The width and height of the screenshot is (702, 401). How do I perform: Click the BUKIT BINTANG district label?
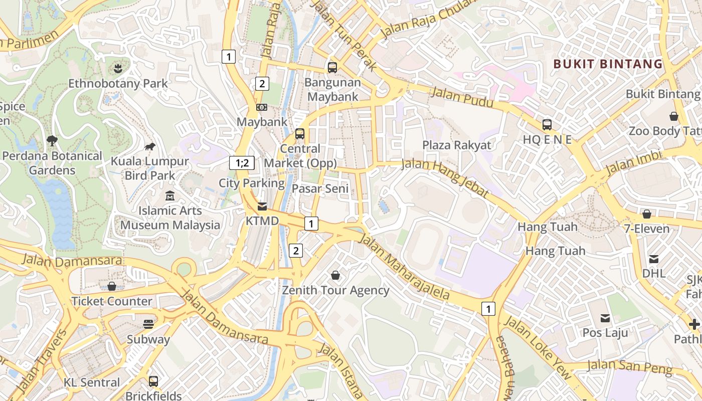tap(608, 64)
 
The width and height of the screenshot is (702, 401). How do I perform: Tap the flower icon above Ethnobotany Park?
tap(118, 67)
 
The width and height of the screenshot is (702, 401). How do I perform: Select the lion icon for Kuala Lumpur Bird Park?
tap(149, 146)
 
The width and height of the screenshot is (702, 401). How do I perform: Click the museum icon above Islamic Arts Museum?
tap(170, 196)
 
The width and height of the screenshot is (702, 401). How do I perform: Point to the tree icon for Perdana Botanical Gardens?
tap(52, 140)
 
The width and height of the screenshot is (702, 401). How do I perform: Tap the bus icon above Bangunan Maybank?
tap(332, 67)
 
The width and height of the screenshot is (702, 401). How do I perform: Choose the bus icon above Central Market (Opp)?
tap(300, 134)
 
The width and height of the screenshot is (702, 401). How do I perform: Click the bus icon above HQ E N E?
tap(547, 125)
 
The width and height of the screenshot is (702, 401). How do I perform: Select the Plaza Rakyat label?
tap(457, 145)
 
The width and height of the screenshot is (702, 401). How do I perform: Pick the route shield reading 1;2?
tap(242, 162)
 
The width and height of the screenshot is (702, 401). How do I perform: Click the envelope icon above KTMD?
tap(262, 206)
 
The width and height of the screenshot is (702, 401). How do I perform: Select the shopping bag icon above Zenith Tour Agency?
tap(335, 275)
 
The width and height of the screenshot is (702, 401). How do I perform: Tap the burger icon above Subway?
tap(148, 324)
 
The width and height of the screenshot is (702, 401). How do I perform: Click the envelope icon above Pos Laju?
tap(605, 318)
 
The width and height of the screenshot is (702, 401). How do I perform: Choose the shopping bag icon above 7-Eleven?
tap(647, 214)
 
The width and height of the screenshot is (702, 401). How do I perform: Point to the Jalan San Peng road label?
tap(629, 367)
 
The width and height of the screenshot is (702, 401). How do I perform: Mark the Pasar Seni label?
tap(320, 189)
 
